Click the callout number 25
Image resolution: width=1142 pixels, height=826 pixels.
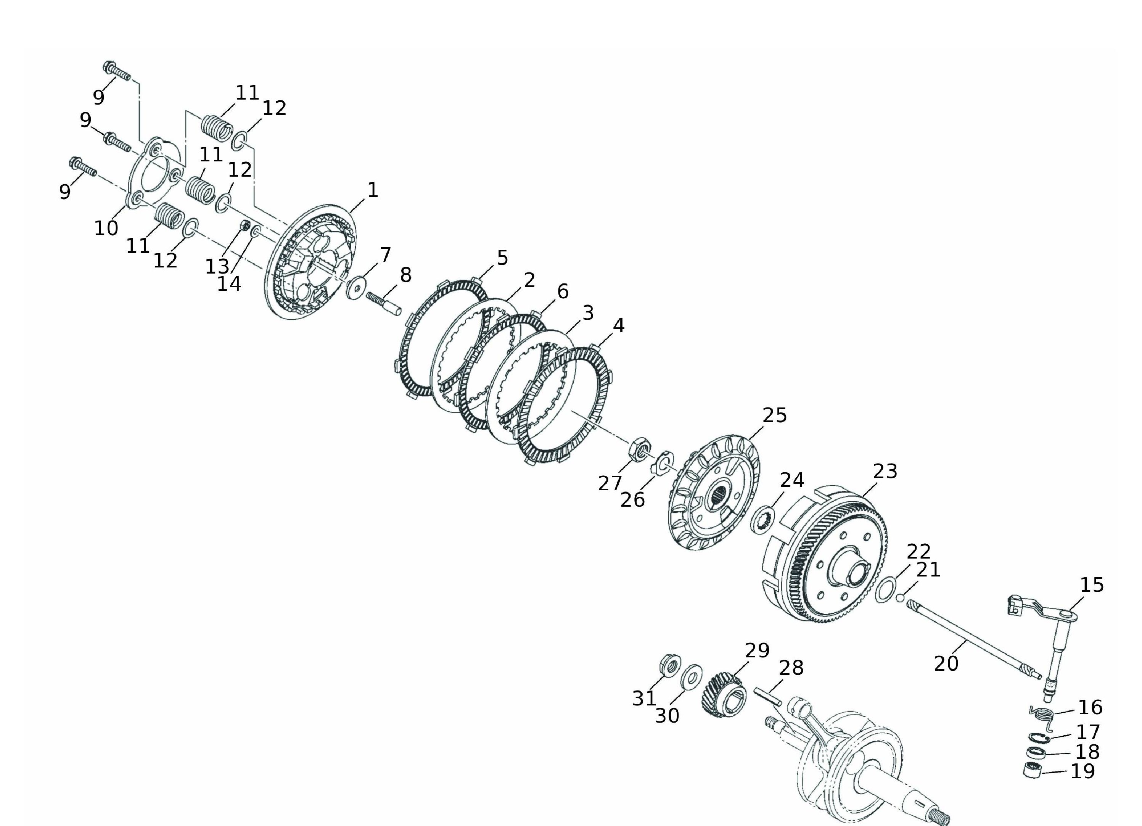(x=774, y=415)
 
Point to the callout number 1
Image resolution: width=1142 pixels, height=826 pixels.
(x=373, y=190)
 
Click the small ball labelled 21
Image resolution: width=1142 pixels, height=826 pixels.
(x=900, y=597)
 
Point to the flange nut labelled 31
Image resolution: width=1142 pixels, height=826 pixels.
(x=670, y=665)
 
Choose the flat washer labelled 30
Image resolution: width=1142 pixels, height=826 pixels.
(x=692, y=676)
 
